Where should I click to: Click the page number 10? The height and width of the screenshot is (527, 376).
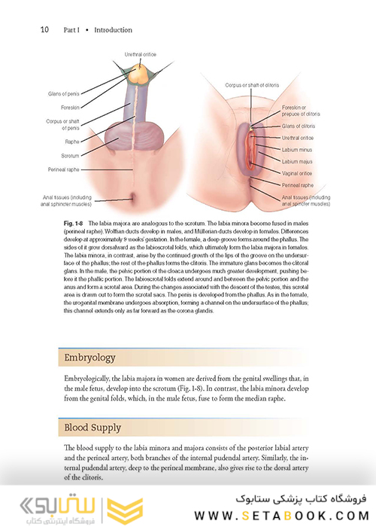tap(44, 30)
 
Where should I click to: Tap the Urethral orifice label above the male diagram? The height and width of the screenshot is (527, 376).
tap(141, 54)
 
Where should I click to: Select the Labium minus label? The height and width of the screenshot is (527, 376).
tap(296, 150)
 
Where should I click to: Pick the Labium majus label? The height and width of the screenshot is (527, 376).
tap(296, 161)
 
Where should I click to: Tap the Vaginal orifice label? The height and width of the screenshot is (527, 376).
tap(298, 173)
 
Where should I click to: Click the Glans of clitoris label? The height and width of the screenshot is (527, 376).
tap(299, 126)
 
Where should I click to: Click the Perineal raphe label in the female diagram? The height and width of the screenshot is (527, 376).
tap(298, 184)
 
